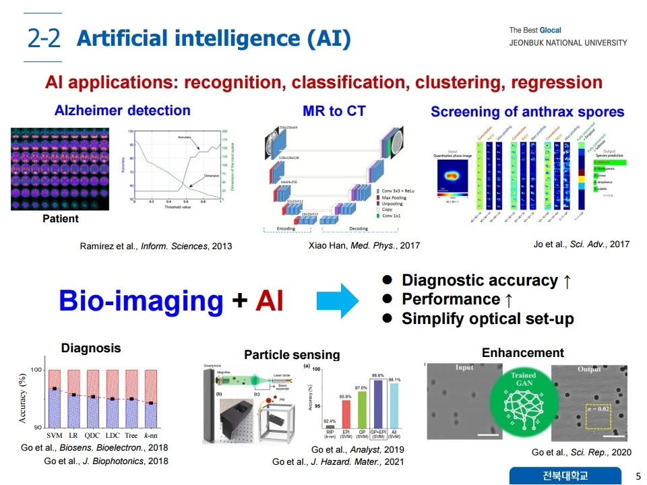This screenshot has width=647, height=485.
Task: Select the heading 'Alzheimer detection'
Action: tap(122, 110)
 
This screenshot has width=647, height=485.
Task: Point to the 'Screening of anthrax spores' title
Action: tap(527, 112)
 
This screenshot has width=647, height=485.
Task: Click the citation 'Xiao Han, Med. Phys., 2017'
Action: tap(364, 246)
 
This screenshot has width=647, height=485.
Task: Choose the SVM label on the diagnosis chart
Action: tap(55, 435)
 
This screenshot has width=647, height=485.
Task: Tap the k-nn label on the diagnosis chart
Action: tap(151, 435)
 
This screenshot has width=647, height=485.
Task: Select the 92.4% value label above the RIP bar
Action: tap(330, 420)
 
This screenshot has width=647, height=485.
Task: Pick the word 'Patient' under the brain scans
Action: tap(61, 218)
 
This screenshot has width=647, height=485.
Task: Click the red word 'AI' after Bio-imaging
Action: tap(270, 300)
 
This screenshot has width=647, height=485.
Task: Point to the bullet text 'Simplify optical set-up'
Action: tap(487, 319)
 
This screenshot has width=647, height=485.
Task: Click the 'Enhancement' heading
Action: tap(523, 352)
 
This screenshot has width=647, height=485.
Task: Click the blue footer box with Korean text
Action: tap(565, 476)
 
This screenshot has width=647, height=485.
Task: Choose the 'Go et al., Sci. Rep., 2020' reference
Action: tap(582, 452)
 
